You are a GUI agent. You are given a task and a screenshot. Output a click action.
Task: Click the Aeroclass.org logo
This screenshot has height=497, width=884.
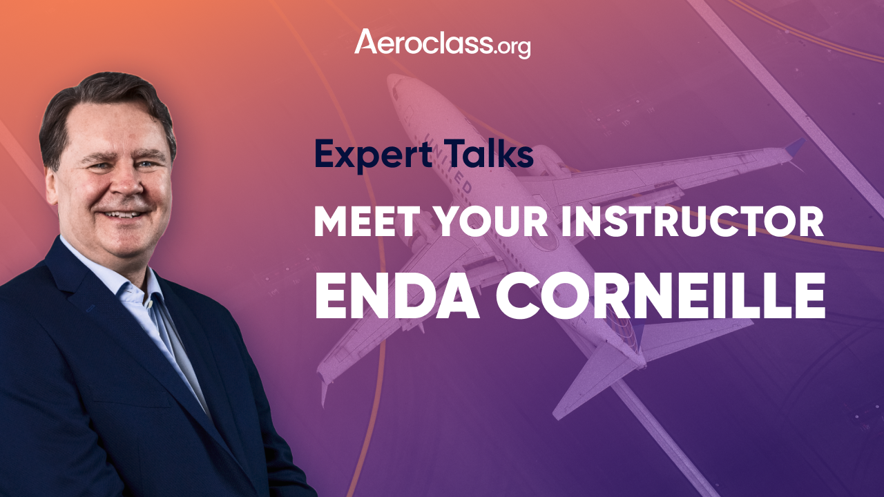[443, 43]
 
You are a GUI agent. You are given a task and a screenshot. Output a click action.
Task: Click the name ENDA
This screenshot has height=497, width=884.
[397, 295]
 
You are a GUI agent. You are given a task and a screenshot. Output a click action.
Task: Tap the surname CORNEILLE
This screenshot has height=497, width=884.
[661, 295]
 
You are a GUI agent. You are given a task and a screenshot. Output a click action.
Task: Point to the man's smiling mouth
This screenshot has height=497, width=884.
[123, 214]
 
